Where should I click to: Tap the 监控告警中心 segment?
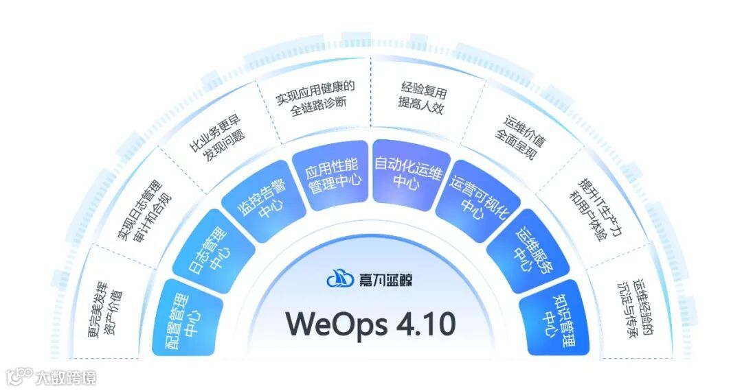[x=260, y=199]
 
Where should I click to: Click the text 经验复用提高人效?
[x=422, y=95]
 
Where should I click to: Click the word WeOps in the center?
[x=334, y=324]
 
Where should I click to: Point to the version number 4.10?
[x=426, y=324]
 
